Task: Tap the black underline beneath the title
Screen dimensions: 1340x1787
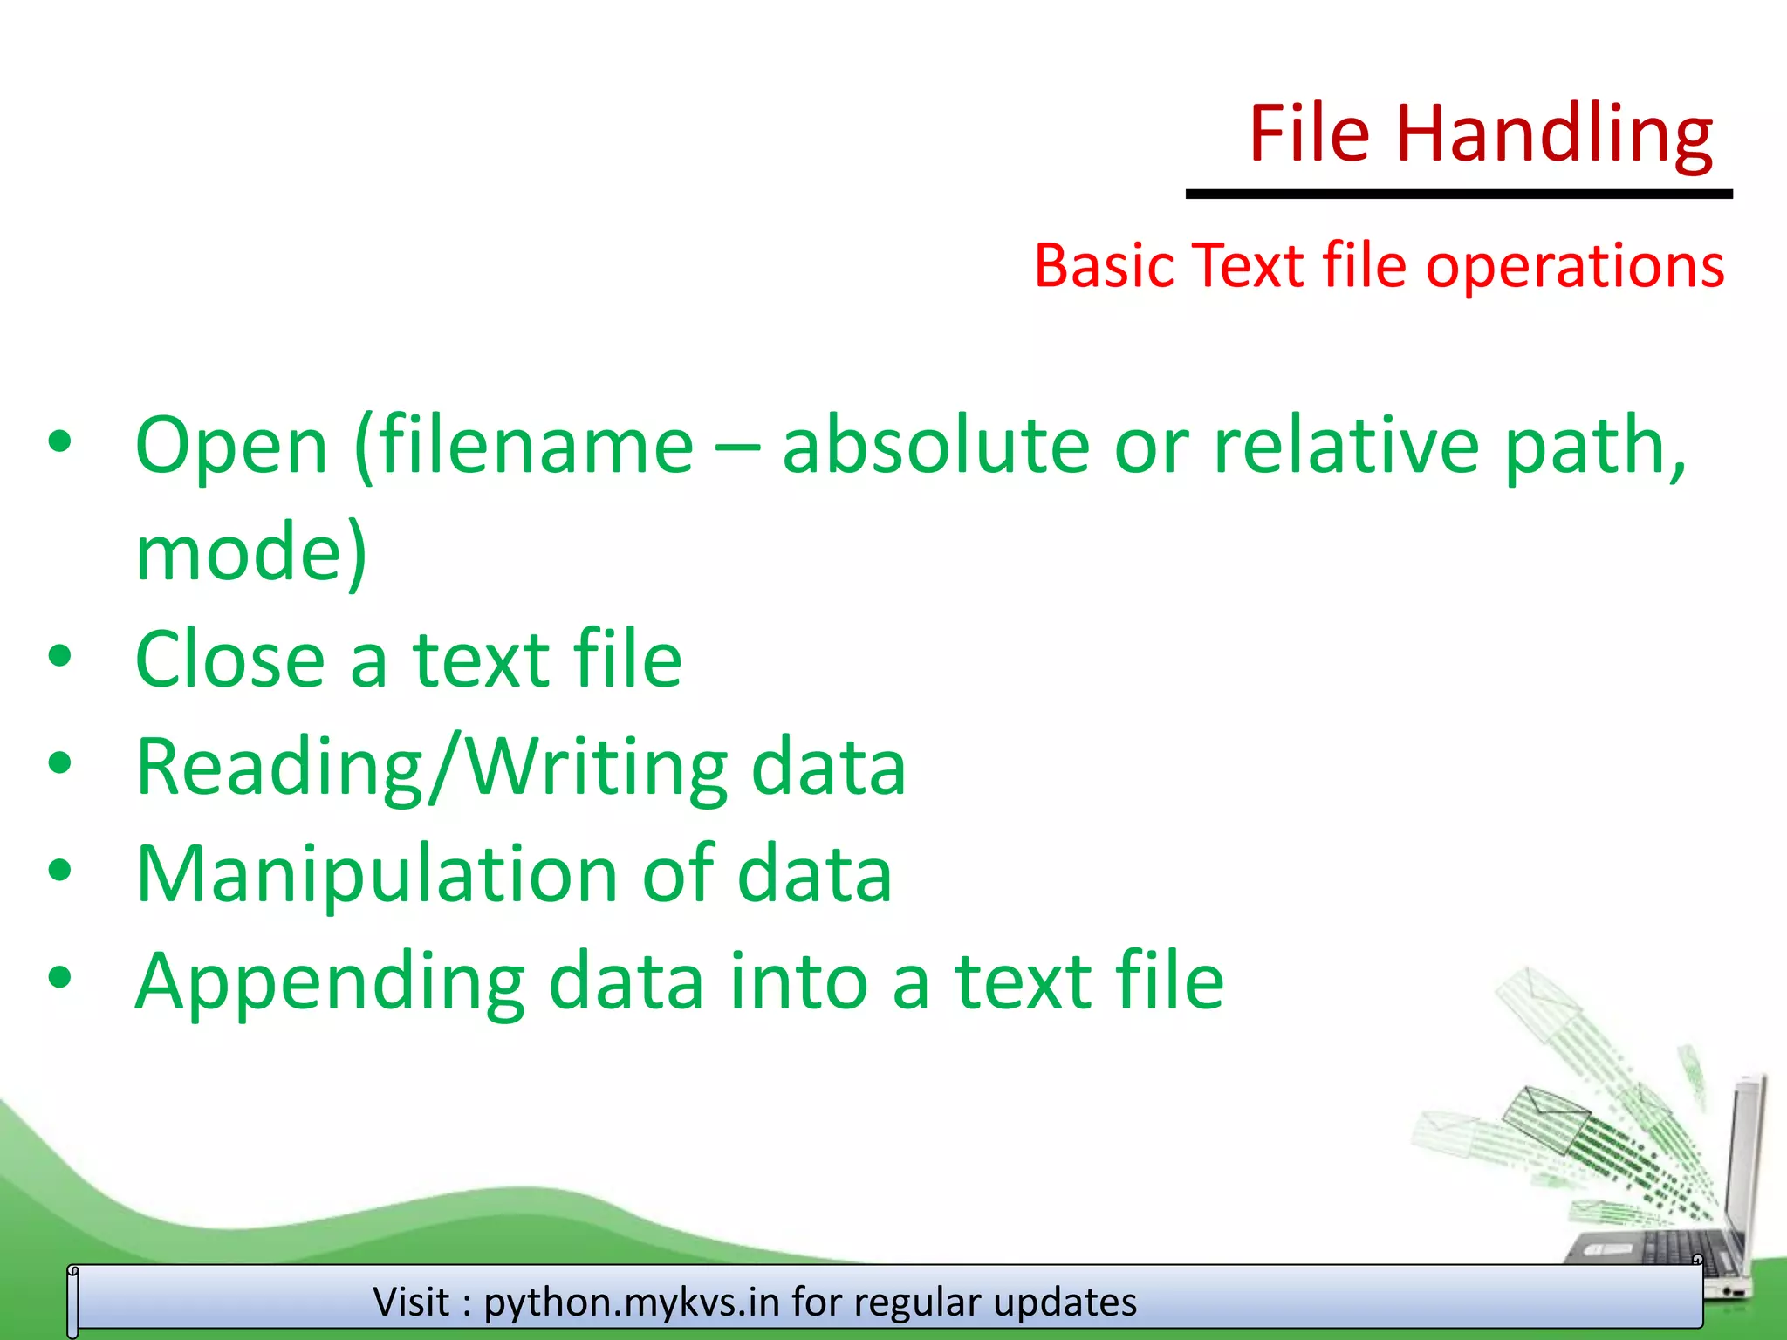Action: pyautogui.click(x=1458, y=194)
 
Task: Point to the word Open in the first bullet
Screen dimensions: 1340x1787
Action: pyautogui.click(x=232, y=447)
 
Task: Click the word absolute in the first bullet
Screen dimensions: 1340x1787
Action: pyautogui.click(x=935, y=447)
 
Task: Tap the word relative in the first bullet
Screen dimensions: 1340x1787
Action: pyautogui.click(x=1346, y=447)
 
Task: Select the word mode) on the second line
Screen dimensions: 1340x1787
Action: pyautogui.click(x=251, y=553)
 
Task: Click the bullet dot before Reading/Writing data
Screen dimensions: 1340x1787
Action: pyautogui.click(x=59, y=764)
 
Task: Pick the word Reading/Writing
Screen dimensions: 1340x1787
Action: pyautogui.click(x=432, y=768)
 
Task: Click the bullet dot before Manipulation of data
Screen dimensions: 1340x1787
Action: pyautogui.click(x=59, y=871)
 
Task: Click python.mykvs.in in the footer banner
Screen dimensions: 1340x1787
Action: pyautogui.click(x=632, y=1302)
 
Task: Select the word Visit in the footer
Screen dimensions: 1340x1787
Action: pyautogui.click(x=411, y=1302)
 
